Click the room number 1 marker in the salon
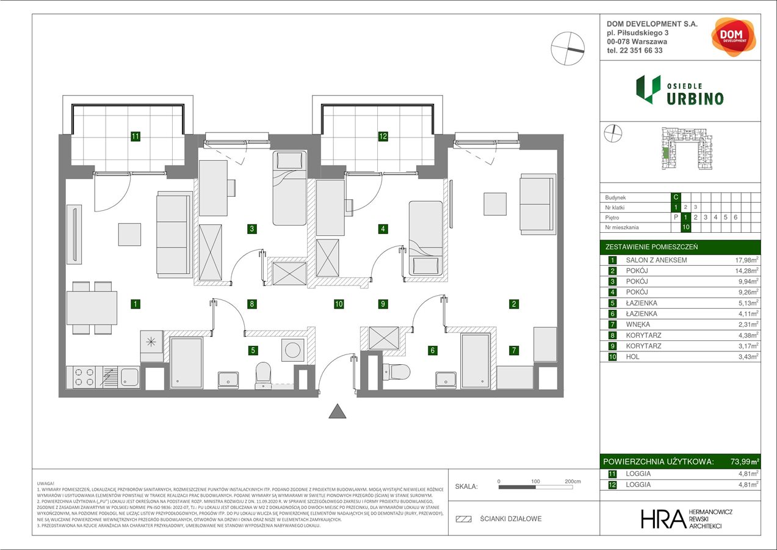tap(136, 303)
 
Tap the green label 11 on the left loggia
tap(136, 137)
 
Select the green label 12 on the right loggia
tap(383, 137)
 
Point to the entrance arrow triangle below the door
tap(338, 411)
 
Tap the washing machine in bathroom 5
tap(292, 350)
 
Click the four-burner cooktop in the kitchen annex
tap(83, 377)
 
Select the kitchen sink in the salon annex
tap(129, 376)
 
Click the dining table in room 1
tap(92, 308)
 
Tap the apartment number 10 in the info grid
tap(686, 227)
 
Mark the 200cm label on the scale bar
tap(573, 481)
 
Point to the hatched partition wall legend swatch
tap(464, 519)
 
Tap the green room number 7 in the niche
tap(515, 350)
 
